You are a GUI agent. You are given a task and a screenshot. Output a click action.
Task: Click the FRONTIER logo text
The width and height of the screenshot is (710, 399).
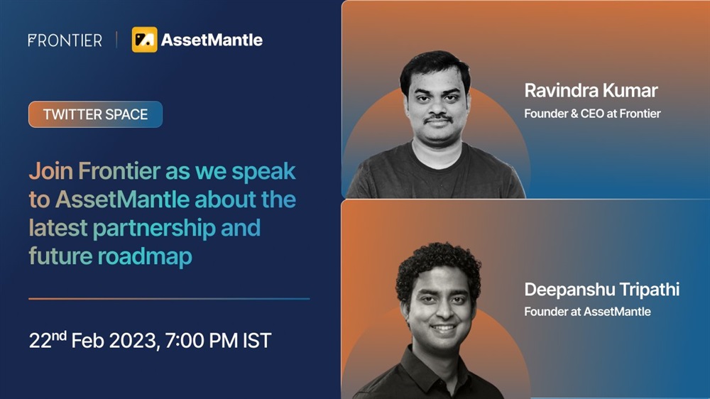[65, 40]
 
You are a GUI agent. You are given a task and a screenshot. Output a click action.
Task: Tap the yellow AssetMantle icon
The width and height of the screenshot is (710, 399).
[144, 40]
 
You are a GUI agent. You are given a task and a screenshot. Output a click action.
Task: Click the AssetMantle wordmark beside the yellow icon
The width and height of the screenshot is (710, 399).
[212, 40]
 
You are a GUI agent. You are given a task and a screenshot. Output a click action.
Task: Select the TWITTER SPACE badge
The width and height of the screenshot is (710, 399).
[96, 114]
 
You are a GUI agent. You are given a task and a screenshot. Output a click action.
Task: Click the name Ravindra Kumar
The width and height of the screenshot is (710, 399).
[591, 91]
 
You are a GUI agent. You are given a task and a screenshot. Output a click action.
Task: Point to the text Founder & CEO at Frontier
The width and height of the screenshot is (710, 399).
[592, 113]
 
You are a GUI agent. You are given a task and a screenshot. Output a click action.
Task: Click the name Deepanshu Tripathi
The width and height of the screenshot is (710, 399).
[602, 290]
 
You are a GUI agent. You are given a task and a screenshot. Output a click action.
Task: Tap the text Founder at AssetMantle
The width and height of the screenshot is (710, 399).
[587, 312]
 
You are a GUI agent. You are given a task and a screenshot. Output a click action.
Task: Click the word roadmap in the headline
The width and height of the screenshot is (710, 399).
[145, 256]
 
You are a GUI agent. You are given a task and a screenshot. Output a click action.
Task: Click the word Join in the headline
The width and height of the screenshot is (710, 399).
[50, 171]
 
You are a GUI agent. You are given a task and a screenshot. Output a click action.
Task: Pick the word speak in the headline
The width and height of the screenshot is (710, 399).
[263, 172]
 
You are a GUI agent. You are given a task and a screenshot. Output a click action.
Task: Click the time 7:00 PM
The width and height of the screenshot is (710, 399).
[202, 341]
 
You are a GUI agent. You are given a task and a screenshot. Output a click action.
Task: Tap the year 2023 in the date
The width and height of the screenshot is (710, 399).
[134, 341]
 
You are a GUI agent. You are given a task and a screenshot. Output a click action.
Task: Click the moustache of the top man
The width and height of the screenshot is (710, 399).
[438, 119]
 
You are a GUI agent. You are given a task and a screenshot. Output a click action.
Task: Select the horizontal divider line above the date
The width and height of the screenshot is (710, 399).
[169, 298]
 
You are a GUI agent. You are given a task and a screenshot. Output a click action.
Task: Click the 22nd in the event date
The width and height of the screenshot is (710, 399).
[48, 339]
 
